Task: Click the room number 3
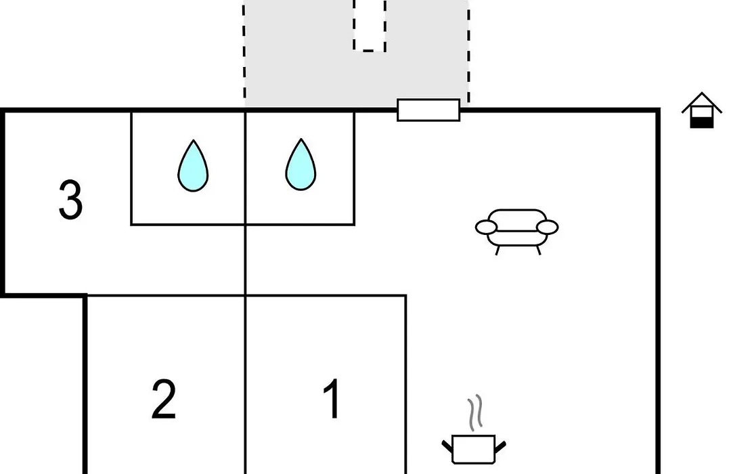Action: pos(71,200)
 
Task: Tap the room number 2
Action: pos(164,399)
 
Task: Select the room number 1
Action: pos(332,399)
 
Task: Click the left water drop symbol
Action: pos(193,166)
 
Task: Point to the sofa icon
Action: pos(516,232)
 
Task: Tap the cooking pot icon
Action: pos(474,449)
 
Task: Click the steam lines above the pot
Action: pos(475,413)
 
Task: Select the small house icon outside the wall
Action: pos(702,110)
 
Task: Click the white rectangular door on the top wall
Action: pos(428,110)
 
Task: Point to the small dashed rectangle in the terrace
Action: pos(370,25)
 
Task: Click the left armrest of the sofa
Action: pos(486,228)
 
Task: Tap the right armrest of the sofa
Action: pos(548,228)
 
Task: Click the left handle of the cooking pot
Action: pos(447,446)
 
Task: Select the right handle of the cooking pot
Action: pos(500,446)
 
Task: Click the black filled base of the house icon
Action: pos(702,123)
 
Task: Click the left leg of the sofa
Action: pos(497,250)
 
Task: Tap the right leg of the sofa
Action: pos(539,250)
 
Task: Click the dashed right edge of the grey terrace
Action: pos(468,51)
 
